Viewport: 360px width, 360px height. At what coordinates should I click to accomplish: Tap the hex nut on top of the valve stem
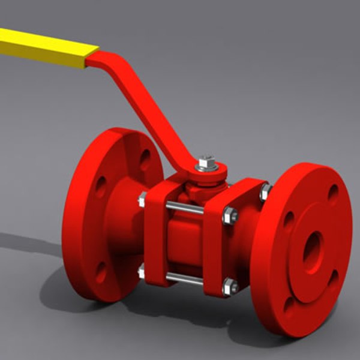[206, 162]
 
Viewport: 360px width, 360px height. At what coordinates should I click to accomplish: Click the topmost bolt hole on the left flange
[145, 158]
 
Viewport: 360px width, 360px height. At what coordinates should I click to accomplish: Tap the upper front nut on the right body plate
[230, 215]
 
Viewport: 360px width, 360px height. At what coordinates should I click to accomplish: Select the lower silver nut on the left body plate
[142, 272]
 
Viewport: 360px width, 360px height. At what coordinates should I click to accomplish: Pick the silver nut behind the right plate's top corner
[265, 192]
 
